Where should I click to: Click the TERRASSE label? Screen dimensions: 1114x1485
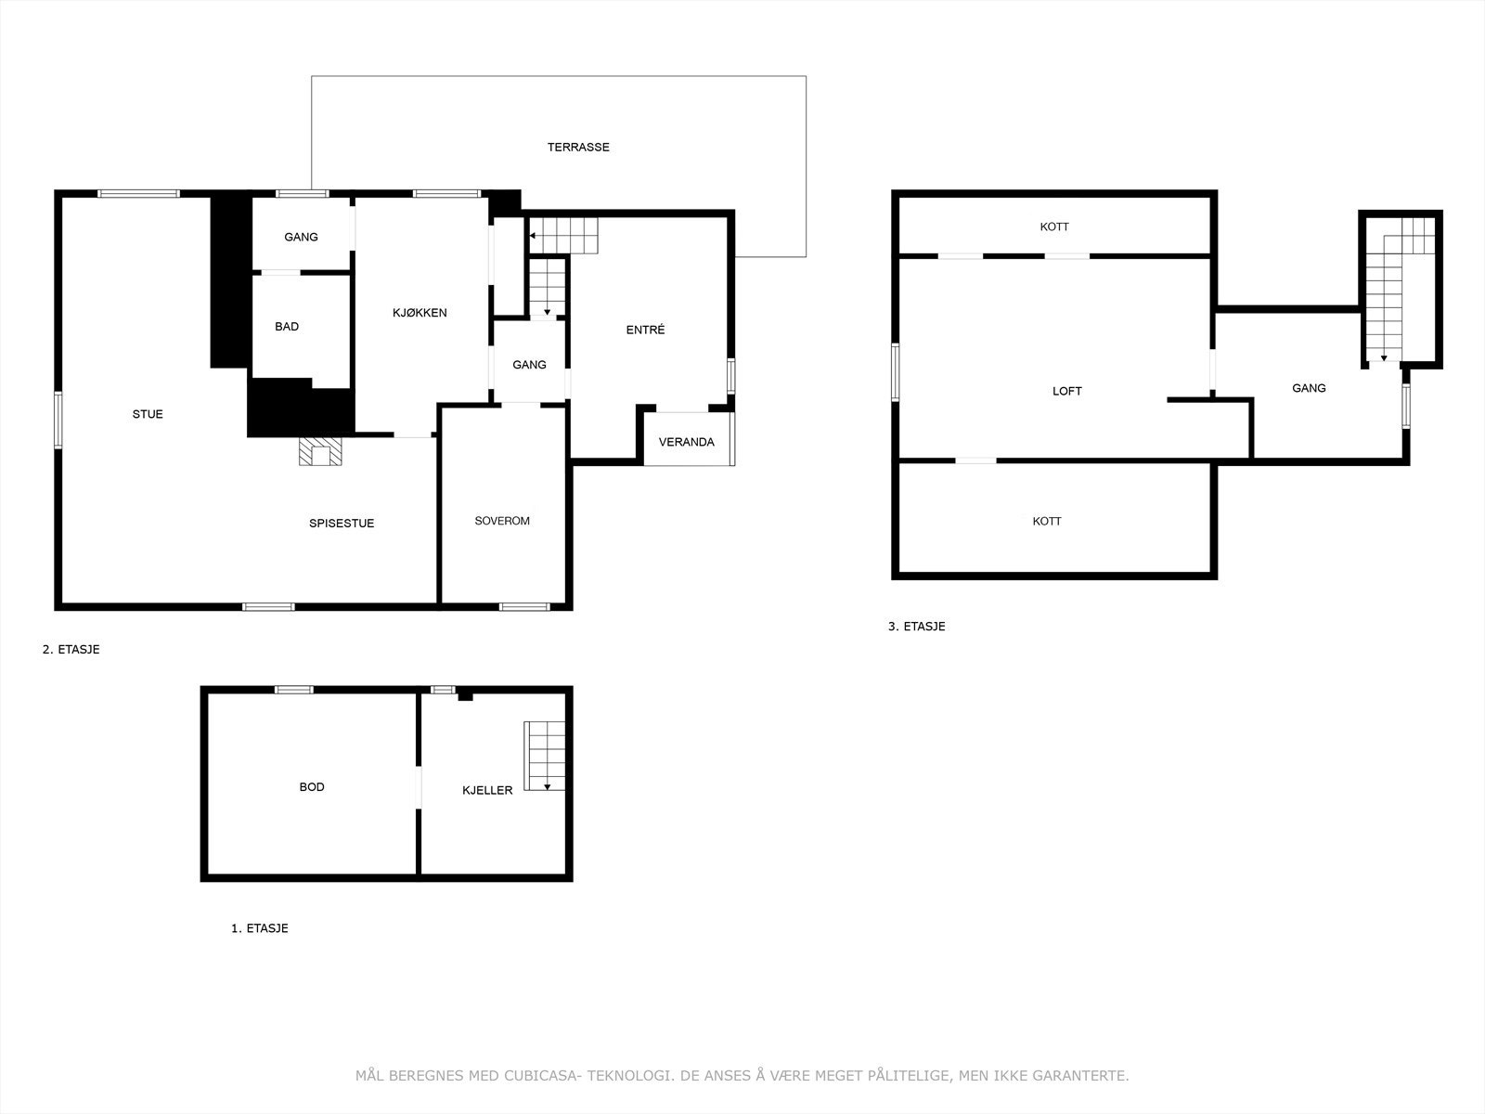(x=578, y=147)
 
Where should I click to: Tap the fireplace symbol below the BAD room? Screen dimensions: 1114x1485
(x=320, y=452)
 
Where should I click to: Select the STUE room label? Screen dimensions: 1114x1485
(x=148, y=414)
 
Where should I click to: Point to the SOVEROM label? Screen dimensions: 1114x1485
(x=502, y=521)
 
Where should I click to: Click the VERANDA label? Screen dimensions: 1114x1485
(x=687, y=442)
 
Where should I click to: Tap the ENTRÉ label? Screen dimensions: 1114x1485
(x=645, y=330)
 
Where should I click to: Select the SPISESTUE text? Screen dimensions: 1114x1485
(x=342, y=524)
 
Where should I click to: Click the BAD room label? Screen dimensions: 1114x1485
(x=287, y=327)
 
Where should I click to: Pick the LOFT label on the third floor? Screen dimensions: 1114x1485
(x=1067, y=391)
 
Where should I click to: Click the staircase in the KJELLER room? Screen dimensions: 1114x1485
(x=545, y=756)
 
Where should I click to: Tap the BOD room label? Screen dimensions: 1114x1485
(x=312, y=787)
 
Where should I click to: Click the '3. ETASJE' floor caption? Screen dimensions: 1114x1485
(x=916, y=627)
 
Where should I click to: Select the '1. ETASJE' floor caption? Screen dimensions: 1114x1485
(x=259, y=928)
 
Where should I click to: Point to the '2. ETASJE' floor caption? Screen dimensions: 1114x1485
(x=71, y=650)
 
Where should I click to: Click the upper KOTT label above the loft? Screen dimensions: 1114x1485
(x=1054, y=227)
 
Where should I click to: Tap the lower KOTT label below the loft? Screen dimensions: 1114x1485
(x=1047, y=522)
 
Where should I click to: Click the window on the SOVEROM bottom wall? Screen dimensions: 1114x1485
(x=524, y=607)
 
